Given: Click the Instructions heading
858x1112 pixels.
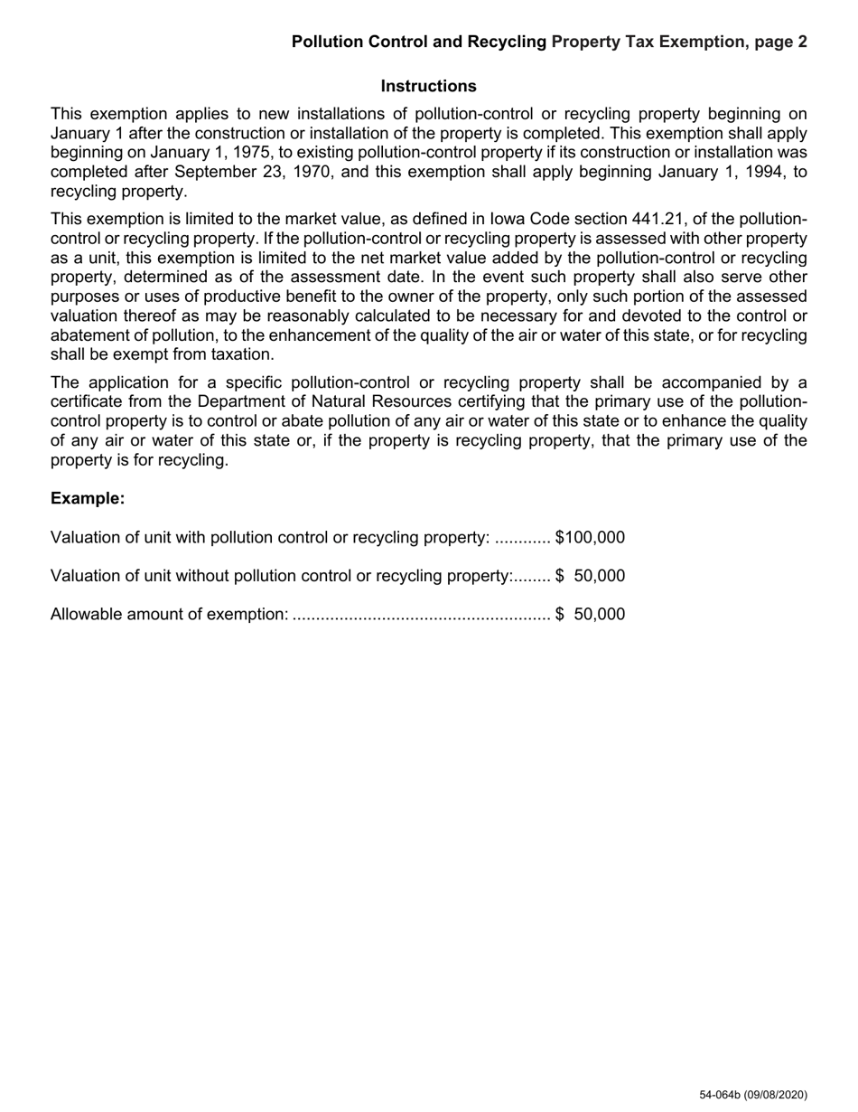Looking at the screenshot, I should coord(428,86).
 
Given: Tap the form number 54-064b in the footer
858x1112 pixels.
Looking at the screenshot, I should coord(719,1095).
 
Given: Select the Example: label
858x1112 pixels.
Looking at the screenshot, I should coord(88,498).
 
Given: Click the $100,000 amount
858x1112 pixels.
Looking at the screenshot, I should coord(590,537).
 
